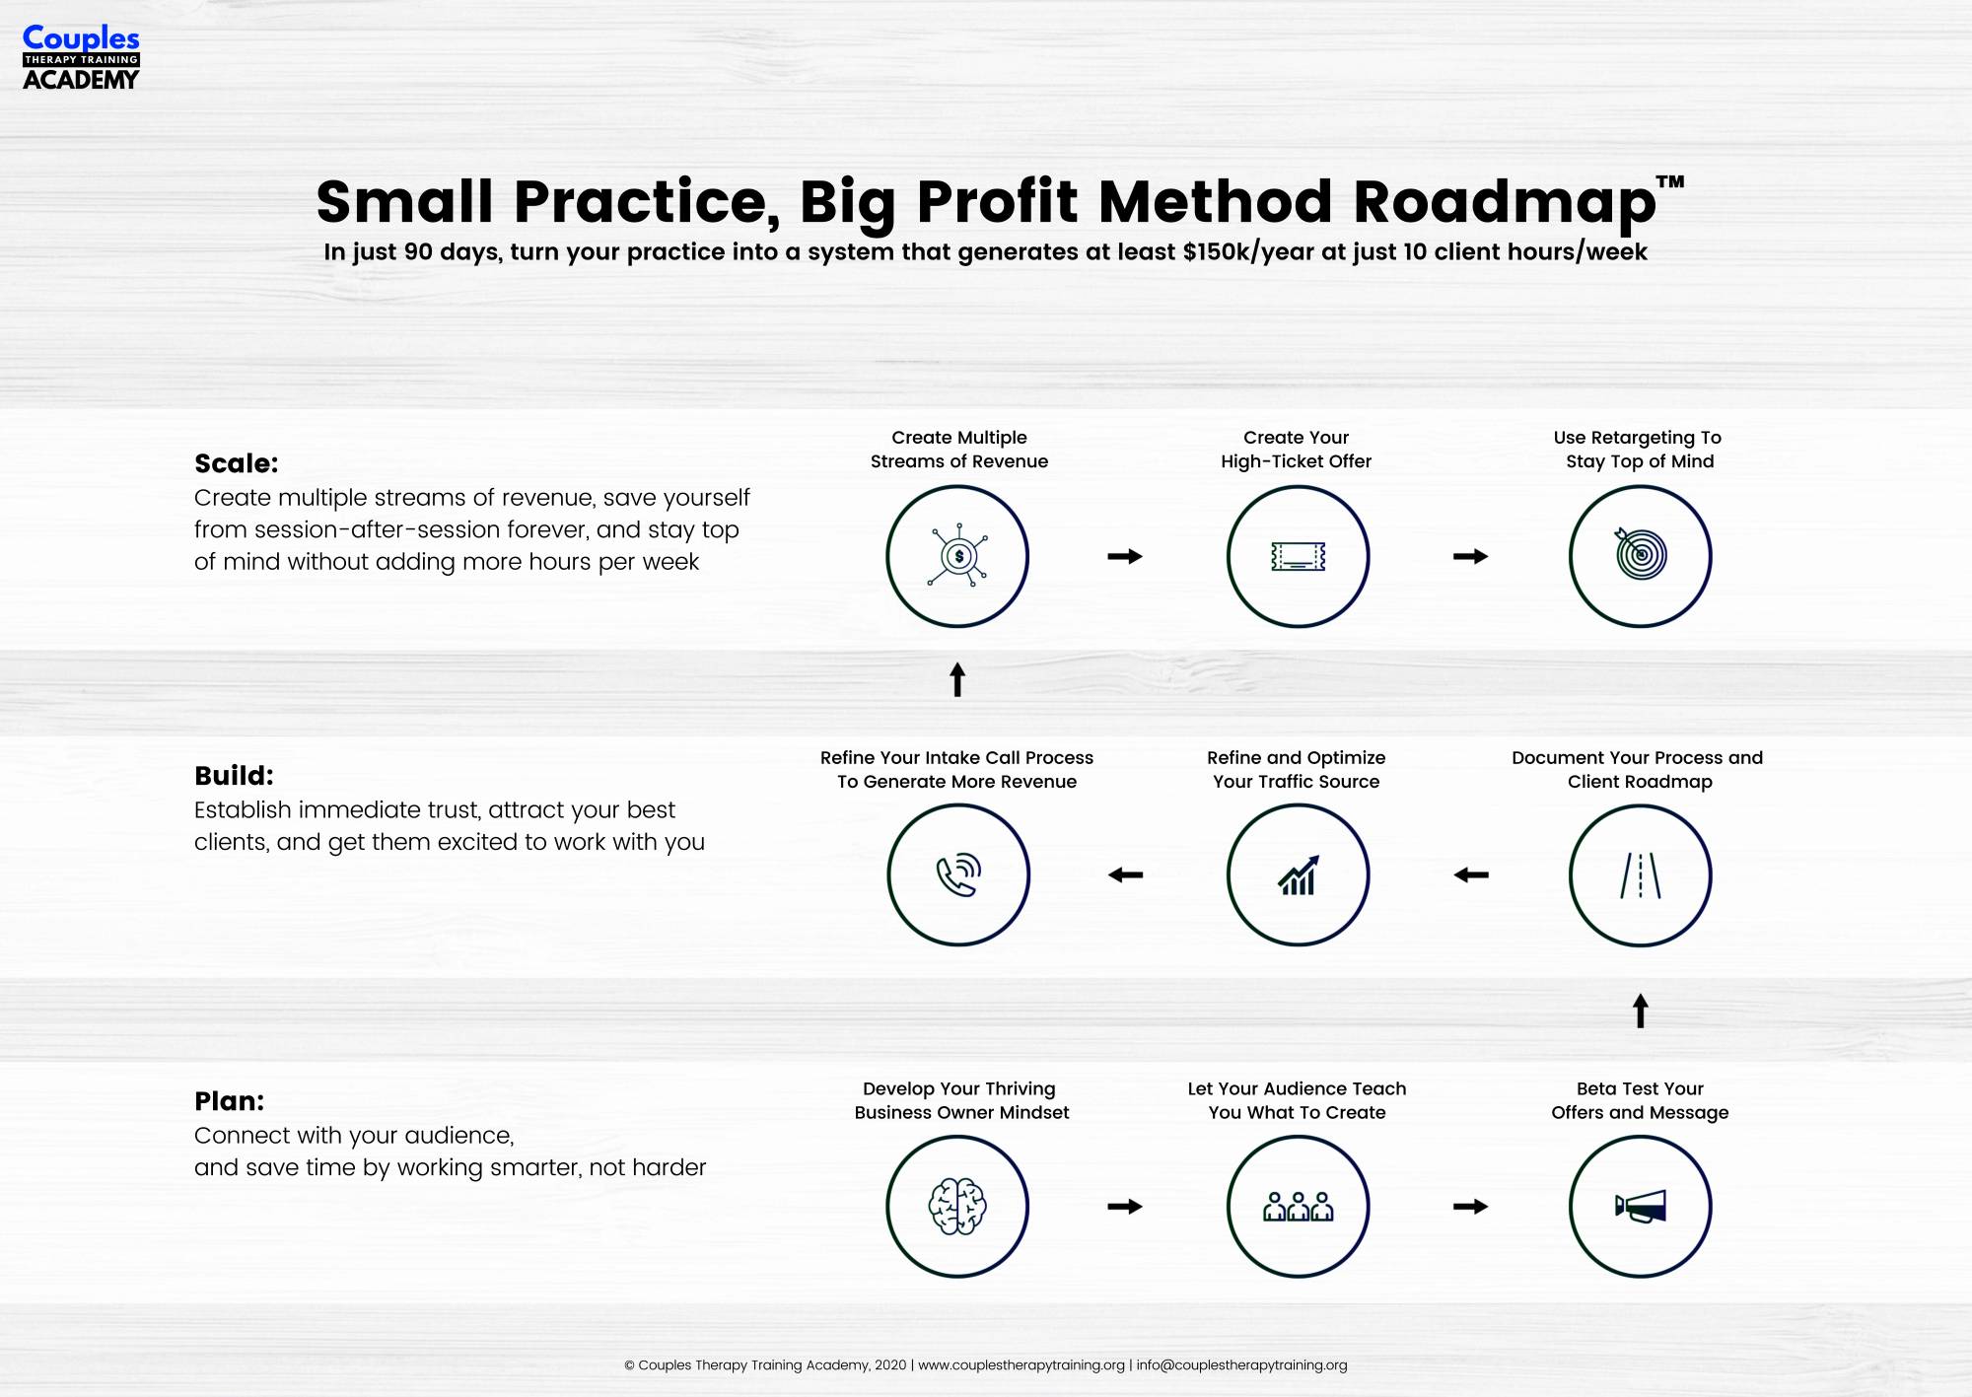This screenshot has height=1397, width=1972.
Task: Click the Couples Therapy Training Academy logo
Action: (x=81, y=57)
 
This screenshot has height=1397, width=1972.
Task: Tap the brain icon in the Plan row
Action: (x=957, y=1206)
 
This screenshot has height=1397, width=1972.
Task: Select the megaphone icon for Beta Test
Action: (x=1641, y=1207)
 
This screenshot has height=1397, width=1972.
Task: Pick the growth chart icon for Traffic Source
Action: (x=1299, y=875)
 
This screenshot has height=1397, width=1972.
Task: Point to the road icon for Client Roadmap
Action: (x=1641, y=875)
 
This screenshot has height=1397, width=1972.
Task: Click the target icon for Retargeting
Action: (x=1641, y=554)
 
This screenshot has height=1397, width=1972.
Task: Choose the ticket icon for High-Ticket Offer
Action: (x=1299, y=557)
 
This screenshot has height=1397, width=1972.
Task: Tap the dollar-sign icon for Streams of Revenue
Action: (x=958, y=556)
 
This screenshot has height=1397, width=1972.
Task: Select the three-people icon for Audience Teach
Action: (x=1299, y=1207)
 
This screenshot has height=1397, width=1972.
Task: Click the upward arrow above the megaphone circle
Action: (x=1641, y=1011)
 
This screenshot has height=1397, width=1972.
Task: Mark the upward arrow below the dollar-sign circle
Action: (x=957, y=679)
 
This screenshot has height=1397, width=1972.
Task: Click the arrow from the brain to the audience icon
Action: (x=1125, y=1207)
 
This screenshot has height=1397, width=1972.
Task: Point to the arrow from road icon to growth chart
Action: (x=1471, y=875)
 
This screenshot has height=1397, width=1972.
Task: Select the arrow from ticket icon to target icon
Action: (x=1471, y=557)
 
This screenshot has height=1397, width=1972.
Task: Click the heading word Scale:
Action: (x=237, y=463)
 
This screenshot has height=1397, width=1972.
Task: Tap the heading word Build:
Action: (x=234, y=776)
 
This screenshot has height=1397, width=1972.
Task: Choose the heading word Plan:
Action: (x=230, y=1101)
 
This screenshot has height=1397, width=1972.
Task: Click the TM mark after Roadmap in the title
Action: (x=1670, y=182)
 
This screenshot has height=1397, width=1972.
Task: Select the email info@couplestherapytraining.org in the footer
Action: (x=1241, y=1365)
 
